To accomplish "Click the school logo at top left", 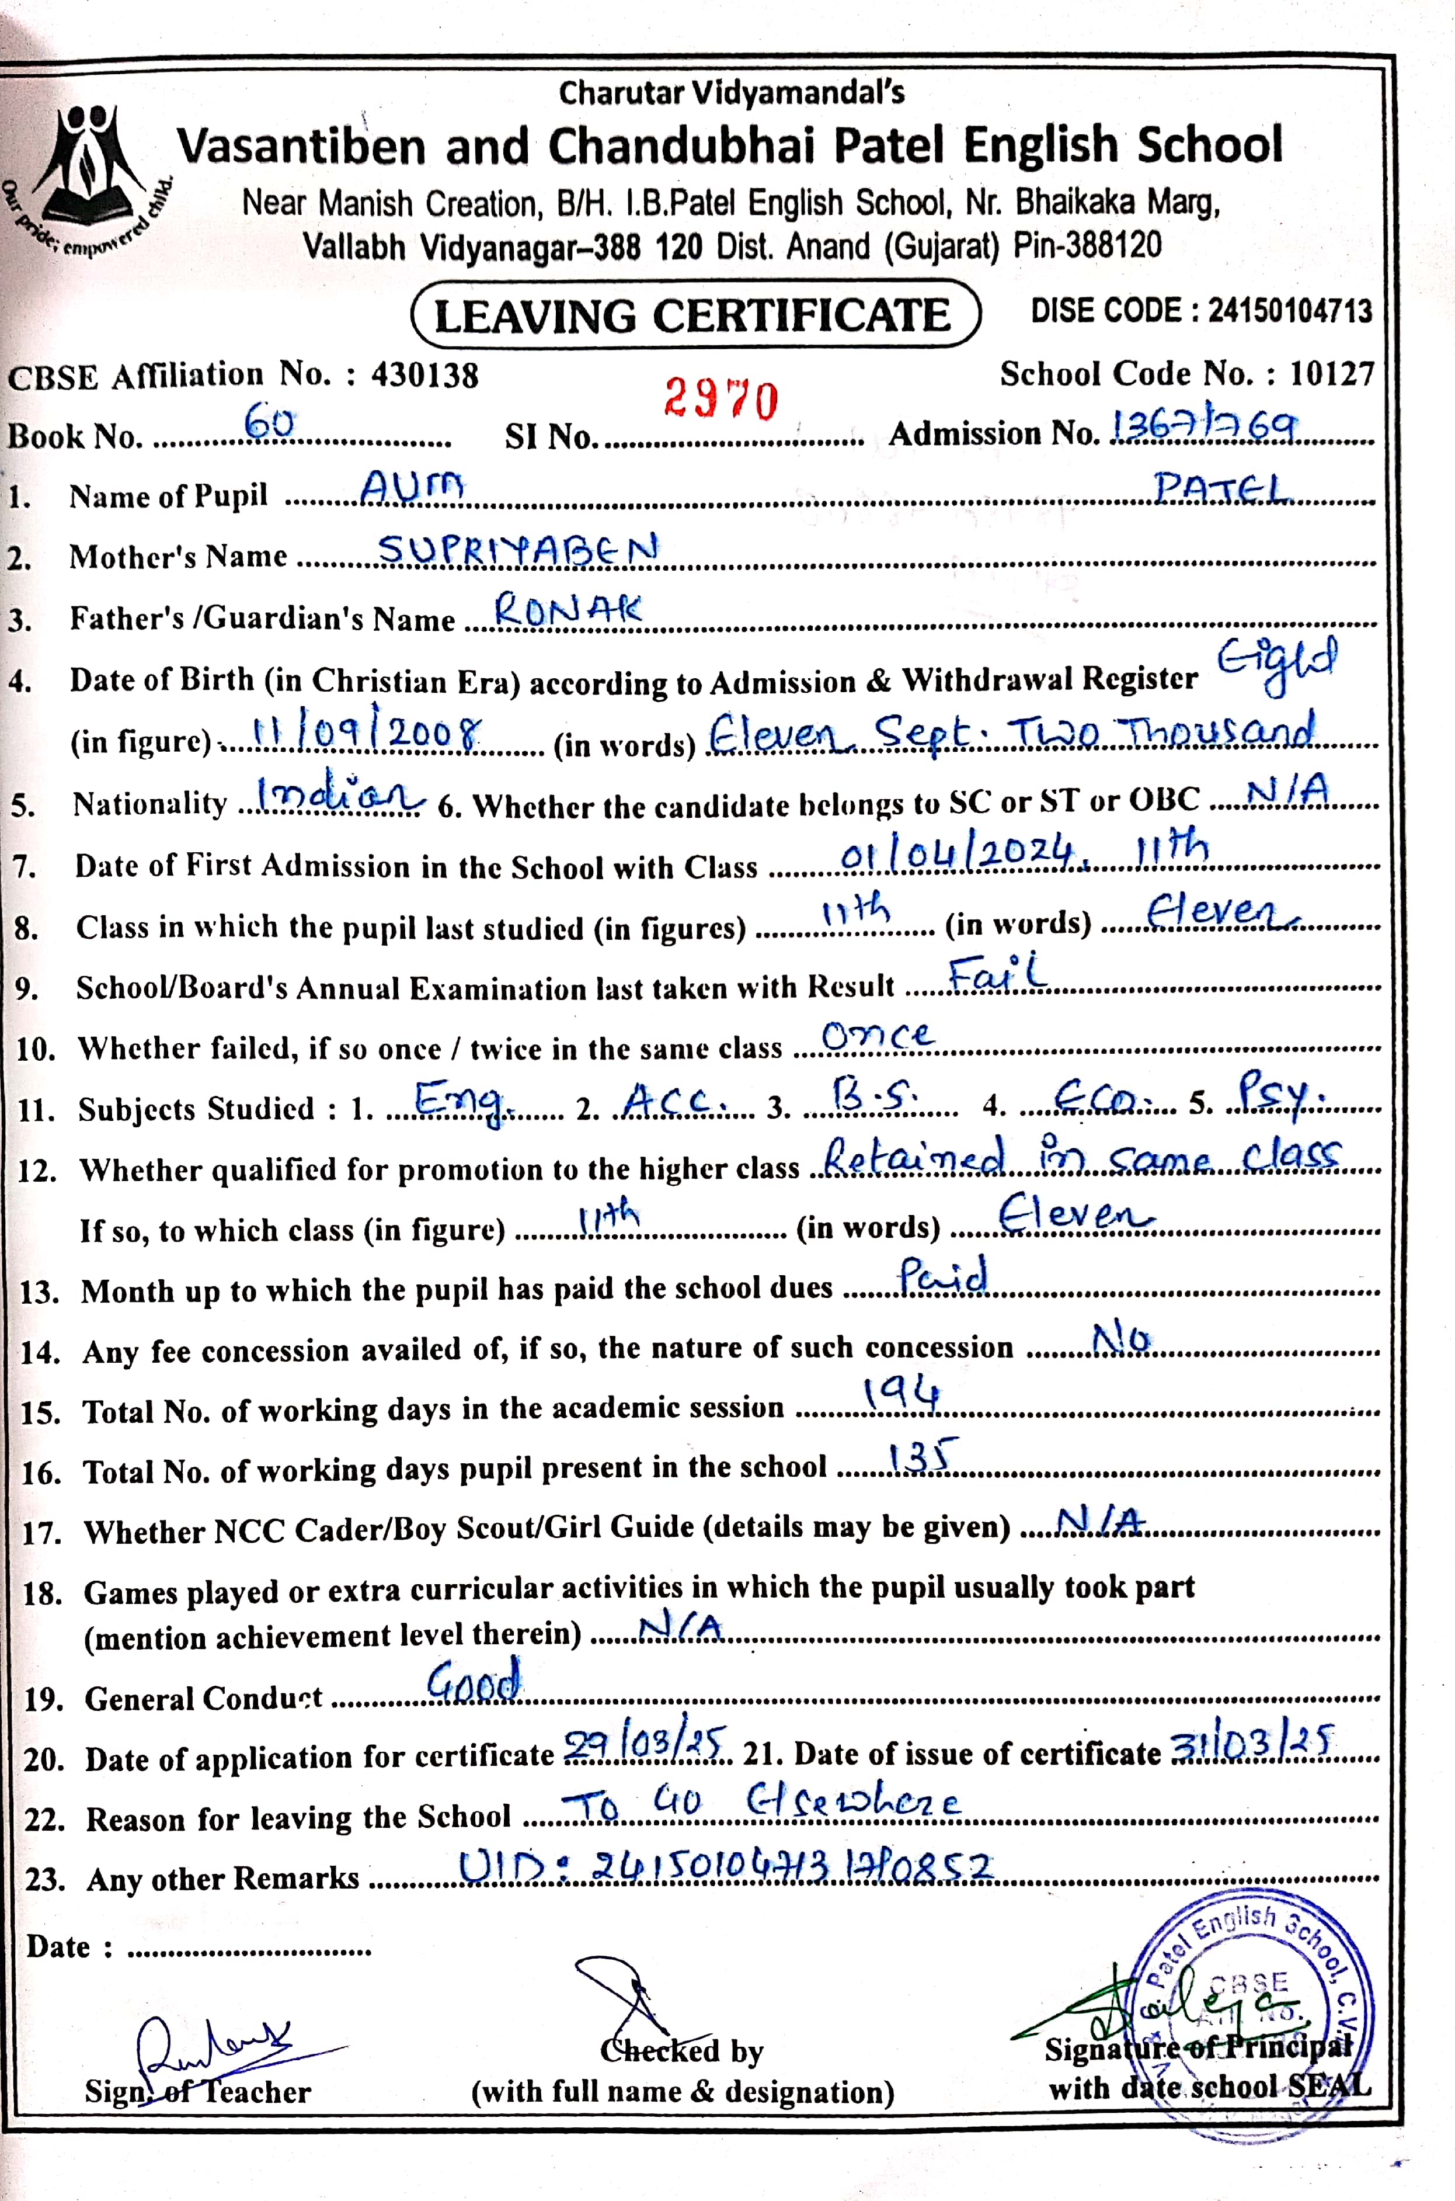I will pos(88,176).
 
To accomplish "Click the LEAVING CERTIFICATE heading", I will pos(694,315).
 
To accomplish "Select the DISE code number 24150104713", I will pos(1289,311).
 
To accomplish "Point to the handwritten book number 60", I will pos(269,425).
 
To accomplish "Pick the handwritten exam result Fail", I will pos(997,975).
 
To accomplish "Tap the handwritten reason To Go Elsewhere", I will pos(761,1804).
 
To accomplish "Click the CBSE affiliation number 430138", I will pos(425,375).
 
